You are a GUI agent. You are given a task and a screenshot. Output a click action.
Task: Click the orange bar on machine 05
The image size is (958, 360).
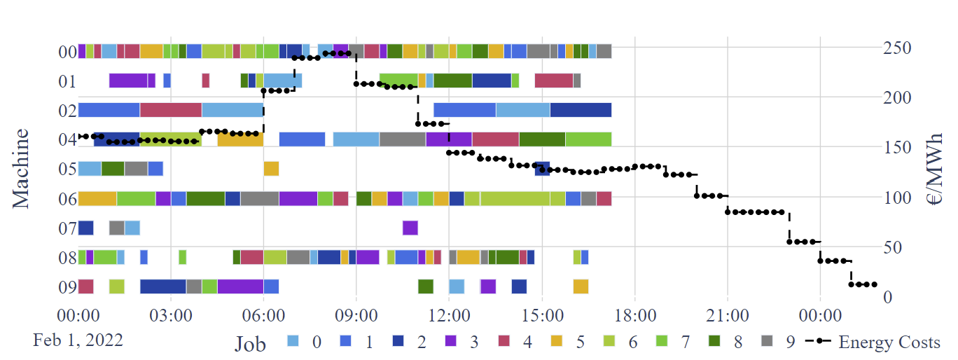point(271,169)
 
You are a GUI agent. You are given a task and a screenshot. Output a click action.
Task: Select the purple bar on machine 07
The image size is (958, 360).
point(410,228)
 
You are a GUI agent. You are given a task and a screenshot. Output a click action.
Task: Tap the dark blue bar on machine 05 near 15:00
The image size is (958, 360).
point(542,169)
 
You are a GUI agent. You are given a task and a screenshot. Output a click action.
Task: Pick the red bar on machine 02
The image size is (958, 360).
point(171,110)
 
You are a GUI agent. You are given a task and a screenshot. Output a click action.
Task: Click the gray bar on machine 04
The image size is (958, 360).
point(403,139)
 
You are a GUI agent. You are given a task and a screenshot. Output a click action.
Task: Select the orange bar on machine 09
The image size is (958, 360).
point(581,286)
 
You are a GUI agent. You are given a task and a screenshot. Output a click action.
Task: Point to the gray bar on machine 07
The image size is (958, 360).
point(117,228)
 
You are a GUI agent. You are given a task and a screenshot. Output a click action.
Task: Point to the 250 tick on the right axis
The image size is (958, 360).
point(897,48)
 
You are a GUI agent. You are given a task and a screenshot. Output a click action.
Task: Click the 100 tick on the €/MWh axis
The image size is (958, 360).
point(897,198)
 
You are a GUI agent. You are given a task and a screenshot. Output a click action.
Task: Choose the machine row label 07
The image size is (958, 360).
point(67,228)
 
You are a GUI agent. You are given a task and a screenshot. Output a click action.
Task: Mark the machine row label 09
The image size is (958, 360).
point(67,287)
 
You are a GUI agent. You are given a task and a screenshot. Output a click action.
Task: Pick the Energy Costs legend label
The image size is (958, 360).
point(889,342)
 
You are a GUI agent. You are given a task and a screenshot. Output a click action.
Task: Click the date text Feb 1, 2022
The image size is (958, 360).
point(78,340)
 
